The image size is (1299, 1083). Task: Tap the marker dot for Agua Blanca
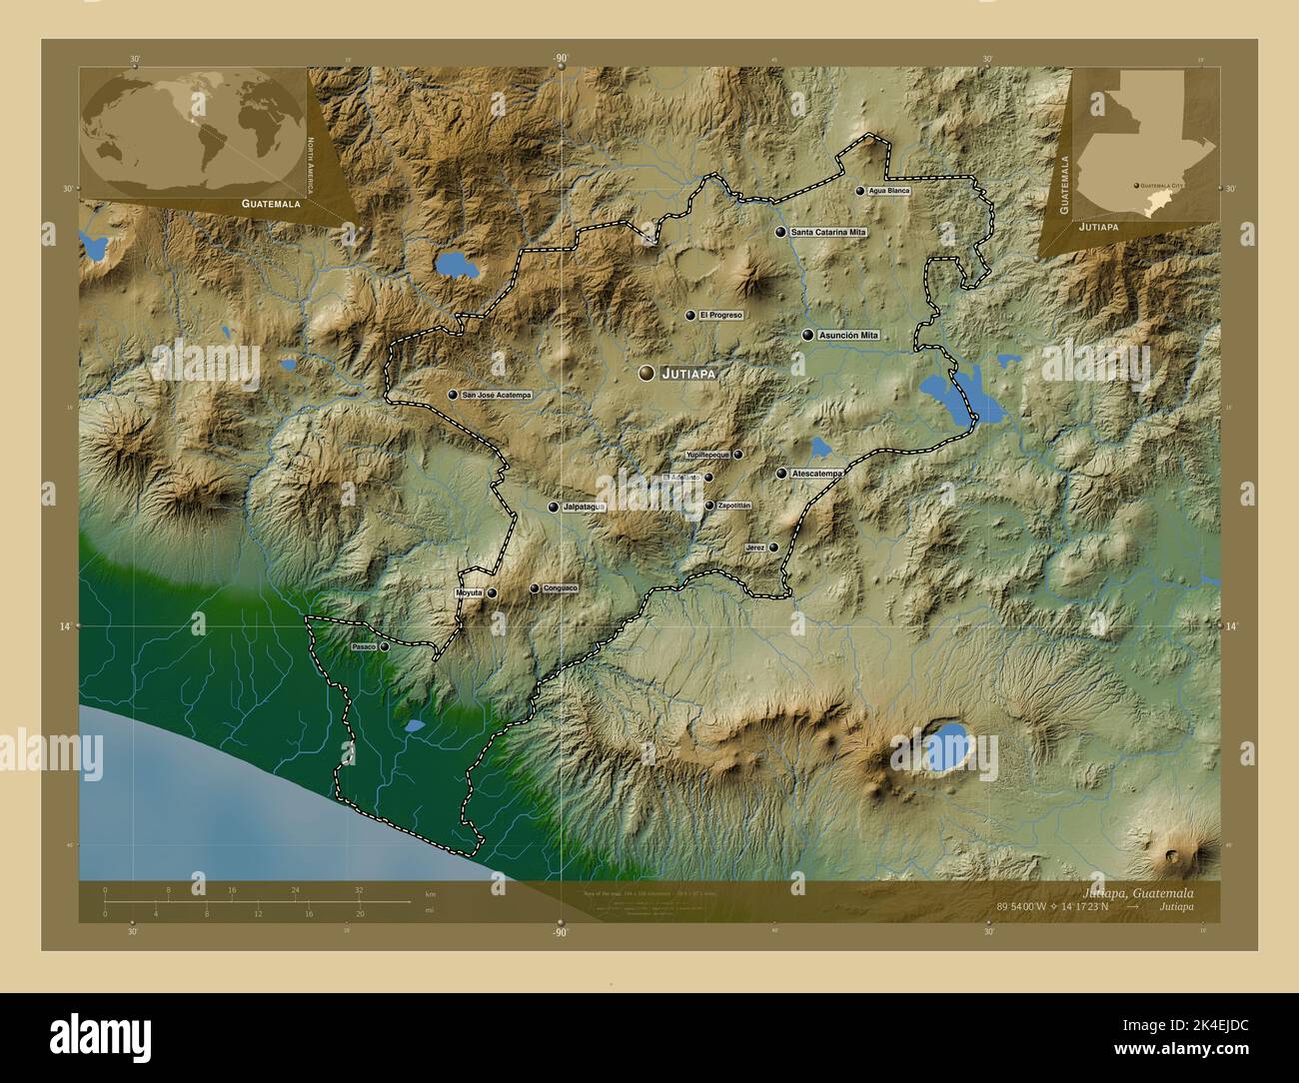point(859,190)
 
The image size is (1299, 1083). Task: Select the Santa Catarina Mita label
point(828,232)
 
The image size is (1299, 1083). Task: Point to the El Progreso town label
point(720,315)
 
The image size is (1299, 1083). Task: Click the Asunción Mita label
point(848,336)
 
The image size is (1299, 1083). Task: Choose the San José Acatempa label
point(497,396)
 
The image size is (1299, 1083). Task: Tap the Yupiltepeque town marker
point(738,455)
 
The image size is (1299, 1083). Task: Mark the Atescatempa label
point(816,474)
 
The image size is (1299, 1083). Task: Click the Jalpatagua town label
point(585,508)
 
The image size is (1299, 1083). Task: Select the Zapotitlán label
point(733,506)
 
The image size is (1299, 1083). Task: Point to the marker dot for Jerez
point(773,547)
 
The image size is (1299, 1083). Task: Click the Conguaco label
point(560,588)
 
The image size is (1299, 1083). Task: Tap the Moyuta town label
point(469,592)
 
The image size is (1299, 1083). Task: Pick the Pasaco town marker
point(385,646)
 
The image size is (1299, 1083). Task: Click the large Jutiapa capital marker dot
point(648,373)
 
